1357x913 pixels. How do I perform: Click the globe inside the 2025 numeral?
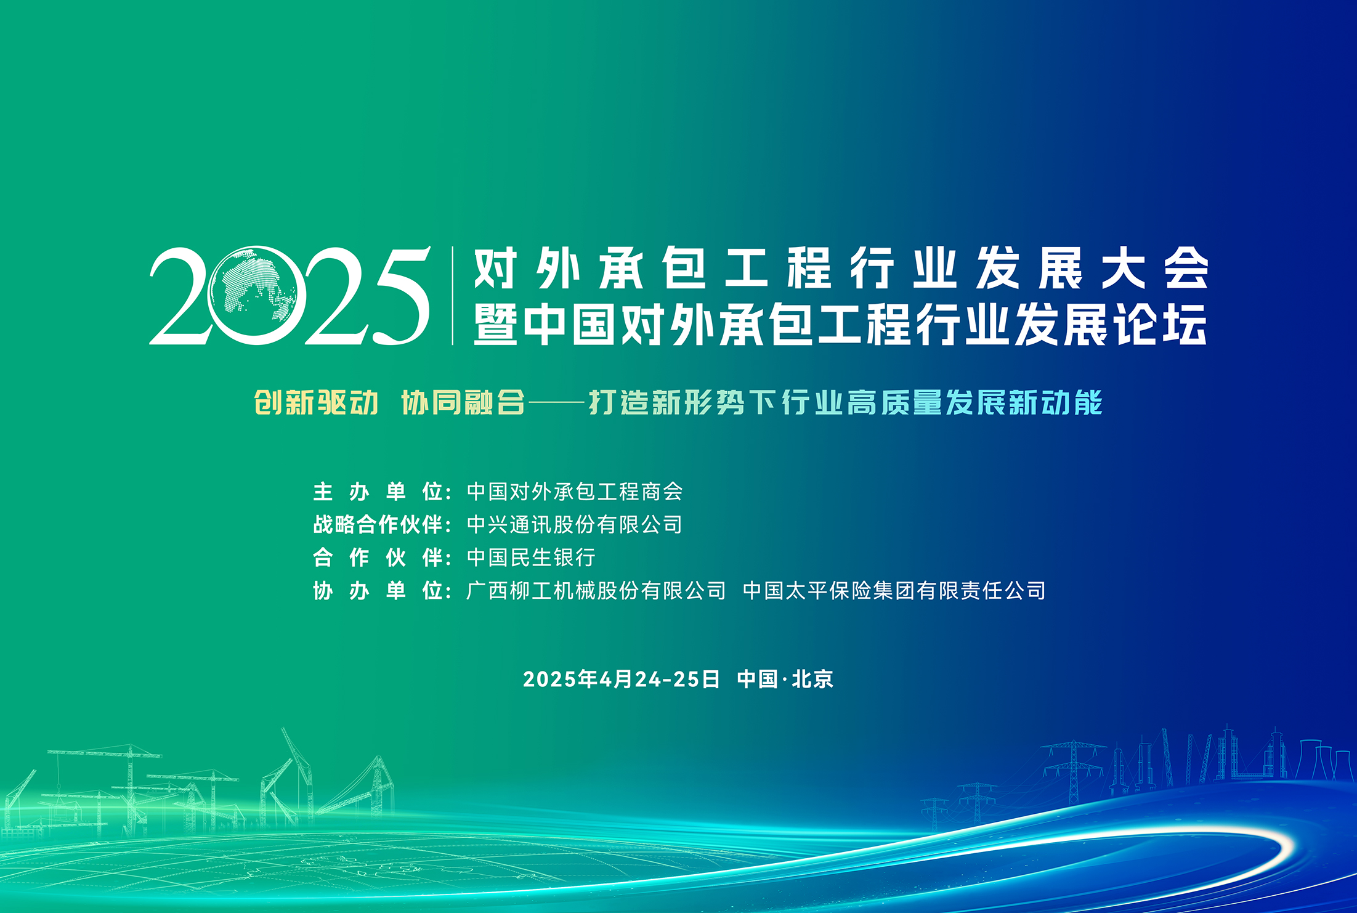(x=253, y=295)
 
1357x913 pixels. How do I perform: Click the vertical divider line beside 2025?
(x=453, y=296)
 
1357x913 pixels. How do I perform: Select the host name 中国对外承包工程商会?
(x=575, y=492)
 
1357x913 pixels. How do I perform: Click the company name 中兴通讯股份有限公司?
(x=575, y=524)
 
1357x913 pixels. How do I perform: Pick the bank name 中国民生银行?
(x=531, y=558)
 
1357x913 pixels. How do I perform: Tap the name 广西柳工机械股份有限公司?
(x=596, y=591)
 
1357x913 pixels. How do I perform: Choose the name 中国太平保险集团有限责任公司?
(x=894, y=591)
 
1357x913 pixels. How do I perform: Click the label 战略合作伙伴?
(x=378, y=524)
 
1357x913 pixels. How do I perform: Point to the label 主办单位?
(x=378, y=492)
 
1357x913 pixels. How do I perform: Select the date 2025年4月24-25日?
(x=622, y=679)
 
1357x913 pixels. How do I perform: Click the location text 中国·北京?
(x=785, y=679)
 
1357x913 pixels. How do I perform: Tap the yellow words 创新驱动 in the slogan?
(x=316, y=403)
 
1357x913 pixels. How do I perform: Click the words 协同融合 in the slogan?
(x=463, y=403)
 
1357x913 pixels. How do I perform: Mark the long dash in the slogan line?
(x=557, y=404)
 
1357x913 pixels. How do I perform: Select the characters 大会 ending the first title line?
(x=1155, y=268)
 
